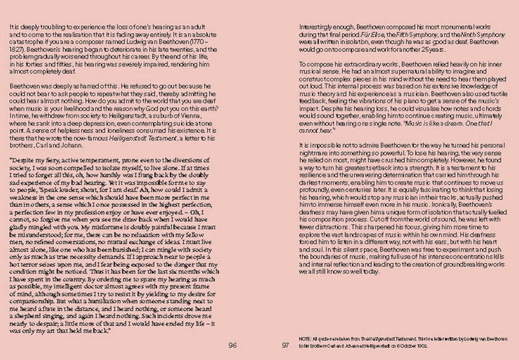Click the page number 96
coord(232,344)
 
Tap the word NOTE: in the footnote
coord(303,338)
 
